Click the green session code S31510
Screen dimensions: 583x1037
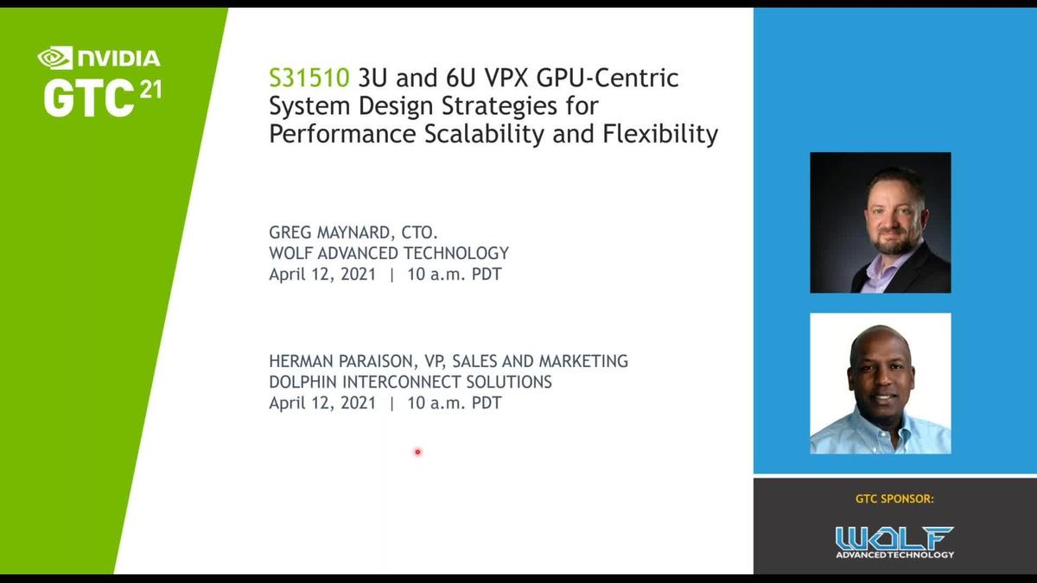309,79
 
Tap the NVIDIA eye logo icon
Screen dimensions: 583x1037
54,58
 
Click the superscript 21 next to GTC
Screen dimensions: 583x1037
150,90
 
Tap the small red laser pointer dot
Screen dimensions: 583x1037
417,452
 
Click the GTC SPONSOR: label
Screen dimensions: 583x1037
894,498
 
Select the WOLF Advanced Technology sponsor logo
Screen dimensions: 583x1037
894,542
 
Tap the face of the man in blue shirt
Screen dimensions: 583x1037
880,371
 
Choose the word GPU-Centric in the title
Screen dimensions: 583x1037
608,79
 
